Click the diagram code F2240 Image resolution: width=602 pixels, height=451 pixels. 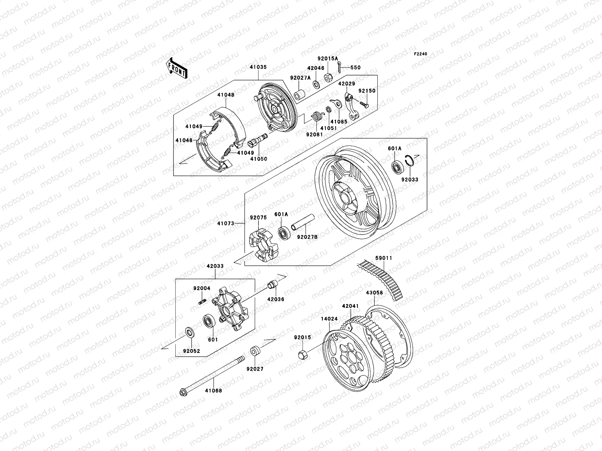tap(421, 54)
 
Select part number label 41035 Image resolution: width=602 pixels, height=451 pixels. tap(258, 67)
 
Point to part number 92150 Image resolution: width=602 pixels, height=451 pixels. tap(365, 91)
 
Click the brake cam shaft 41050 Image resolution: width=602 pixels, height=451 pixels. tap(258, 142)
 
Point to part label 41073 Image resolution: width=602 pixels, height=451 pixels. tap(225, 224)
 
